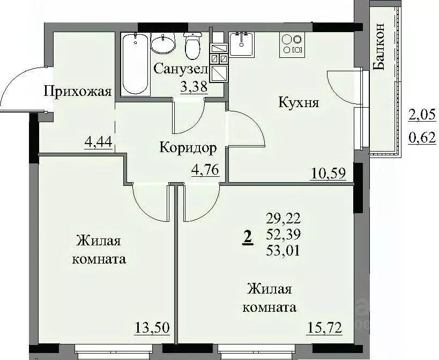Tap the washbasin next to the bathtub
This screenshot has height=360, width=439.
click(x=162, y=43)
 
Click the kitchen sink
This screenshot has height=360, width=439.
click(x=244, y=43)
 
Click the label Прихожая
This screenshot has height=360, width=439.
click(x=77, y=91)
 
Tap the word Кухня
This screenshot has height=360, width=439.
click(x=299, y=102)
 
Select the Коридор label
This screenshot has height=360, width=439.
click(x=188, y=147)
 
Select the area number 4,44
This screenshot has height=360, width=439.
click(x=97, y=143)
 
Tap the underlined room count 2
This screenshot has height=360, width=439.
click(x=247, y=236)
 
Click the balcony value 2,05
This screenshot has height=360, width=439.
click(x=421, y=114)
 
